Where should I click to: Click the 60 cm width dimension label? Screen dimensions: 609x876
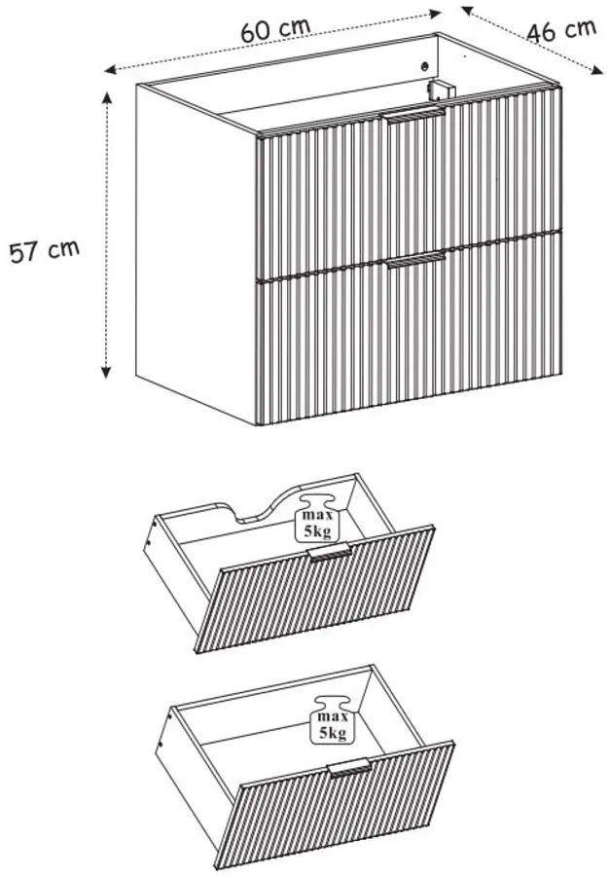(x=275, y=30)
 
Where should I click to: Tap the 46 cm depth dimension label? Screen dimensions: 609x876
(x=561, y=31)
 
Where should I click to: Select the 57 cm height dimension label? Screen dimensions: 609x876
(x=45, y=251)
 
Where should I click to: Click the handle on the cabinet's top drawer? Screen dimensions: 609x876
(x=414, y=115)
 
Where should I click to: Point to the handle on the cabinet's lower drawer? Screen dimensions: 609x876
(x=415, y=260)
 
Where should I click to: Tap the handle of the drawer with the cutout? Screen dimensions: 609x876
(x=331, y=552)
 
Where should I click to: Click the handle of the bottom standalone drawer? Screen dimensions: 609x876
(x=350, y=768)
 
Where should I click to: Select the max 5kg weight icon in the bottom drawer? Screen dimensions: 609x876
(x=333, y=720)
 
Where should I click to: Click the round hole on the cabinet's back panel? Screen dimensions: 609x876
(x=425, y=66)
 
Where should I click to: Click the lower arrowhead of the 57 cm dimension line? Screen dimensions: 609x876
(x=106, y=372)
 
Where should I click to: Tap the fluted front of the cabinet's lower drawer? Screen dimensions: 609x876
(x=410, y=330)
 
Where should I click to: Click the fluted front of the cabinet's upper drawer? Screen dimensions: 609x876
(x=410, y=182)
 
